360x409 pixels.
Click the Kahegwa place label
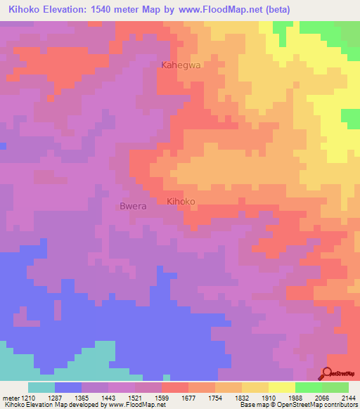click(x=181, y=65)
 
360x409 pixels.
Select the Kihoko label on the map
click(x=181, y=202)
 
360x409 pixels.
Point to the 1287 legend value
click(x=55, y=397)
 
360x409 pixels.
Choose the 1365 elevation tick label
click(x=82, y=397)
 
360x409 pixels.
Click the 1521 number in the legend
click(x=135, y=397)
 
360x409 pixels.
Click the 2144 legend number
click(x=347, y=397)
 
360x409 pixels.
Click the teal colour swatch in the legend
click(x=41, y=387)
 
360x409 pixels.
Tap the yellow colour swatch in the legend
click(x=281, y=387)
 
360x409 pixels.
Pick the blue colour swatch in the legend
click(x=68, y=387)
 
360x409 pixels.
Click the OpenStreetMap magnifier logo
click(x=328, y=373)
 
